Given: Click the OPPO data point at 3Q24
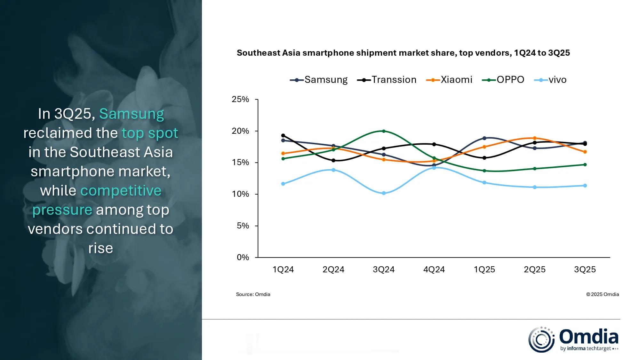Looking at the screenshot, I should (x=384, y=131).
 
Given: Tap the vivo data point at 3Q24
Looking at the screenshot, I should (x=384, y=193).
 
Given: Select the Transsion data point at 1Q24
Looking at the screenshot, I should (x=283, y=135).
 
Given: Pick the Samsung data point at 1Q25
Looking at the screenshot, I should (x=484, y=138).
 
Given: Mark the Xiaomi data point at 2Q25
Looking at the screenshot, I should (x=535, y=138).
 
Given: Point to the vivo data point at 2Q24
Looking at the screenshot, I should (x=333, y=170).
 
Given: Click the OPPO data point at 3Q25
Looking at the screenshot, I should (x=585, y=165).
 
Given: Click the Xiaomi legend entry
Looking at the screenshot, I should (x=449, y=80).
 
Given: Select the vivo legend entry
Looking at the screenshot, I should (x=550, y=80).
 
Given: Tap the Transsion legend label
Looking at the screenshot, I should (x=394, y=80).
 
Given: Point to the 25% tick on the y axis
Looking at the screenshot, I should (x=240, y=100).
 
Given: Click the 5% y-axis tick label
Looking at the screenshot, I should (x=243, y=226).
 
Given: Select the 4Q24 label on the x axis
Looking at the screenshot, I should (x=434, y=269).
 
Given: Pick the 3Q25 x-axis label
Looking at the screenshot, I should (x=585, y=269).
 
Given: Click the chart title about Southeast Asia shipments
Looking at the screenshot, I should (x=403, y=53).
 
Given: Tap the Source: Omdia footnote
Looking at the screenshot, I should (x=253, y=294).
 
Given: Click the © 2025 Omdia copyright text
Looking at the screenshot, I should (x=603, y=294).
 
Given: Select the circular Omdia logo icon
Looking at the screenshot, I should (x=541, y=340).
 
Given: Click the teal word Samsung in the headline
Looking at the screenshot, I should (x=132, y=114).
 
